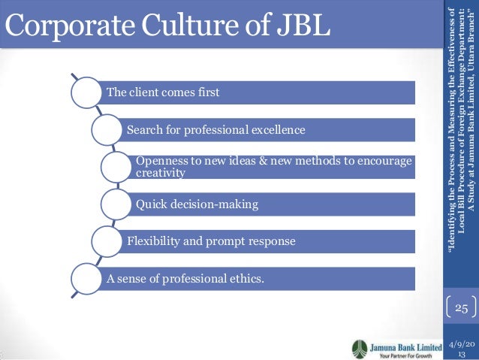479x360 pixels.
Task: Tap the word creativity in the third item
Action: pos(160,174)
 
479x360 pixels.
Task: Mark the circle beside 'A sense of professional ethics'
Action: pos(89,279)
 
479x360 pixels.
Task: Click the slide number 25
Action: pos(461,308)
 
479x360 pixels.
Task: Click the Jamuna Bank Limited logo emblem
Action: pos(360,348)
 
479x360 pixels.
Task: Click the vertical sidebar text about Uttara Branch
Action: pos(462,139)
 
